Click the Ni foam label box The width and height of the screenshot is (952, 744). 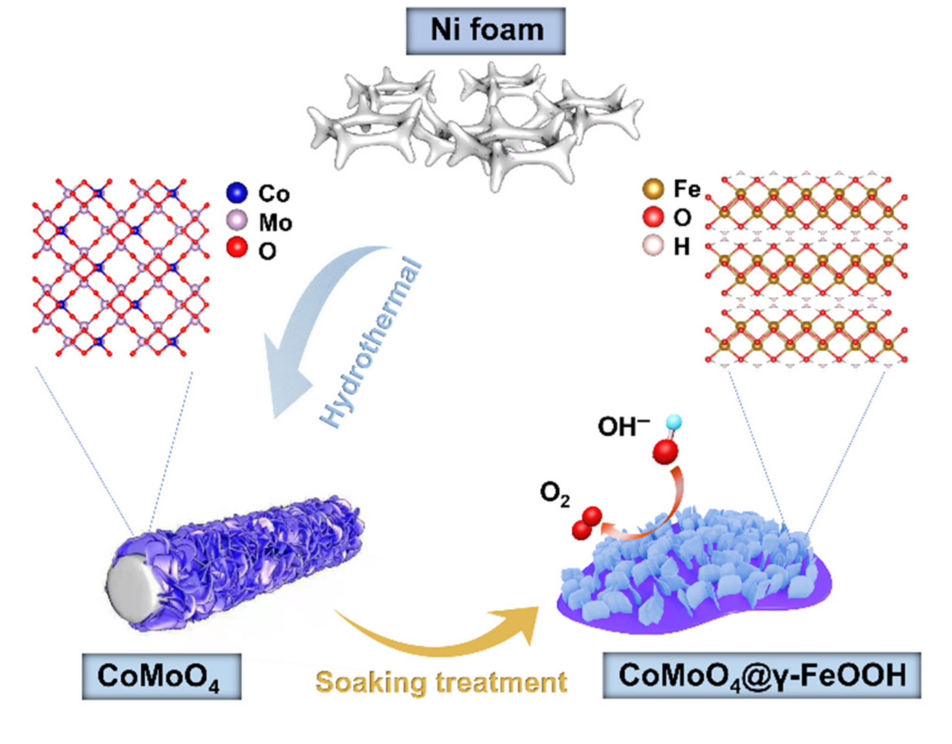click(x=485, y=31)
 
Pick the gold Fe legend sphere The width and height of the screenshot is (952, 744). click(x=653, y=188)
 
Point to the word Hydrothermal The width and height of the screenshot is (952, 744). click(x=372, y=342)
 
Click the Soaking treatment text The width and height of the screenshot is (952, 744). click(x=441, y=683)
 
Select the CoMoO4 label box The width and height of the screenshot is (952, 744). click(x=161, y=677)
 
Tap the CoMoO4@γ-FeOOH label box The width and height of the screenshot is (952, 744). click(x=761, y=675)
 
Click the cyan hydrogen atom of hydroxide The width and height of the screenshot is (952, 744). click(x=674, y=422)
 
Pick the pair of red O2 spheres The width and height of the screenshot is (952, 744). click(x=587, y=523)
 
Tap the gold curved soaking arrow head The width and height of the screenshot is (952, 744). click(x=523, y=621)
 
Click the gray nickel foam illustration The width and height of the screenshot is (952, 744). click(x=474, y=126)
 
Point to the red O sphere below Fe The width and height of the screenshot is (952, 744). click(x=653, y=217)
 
